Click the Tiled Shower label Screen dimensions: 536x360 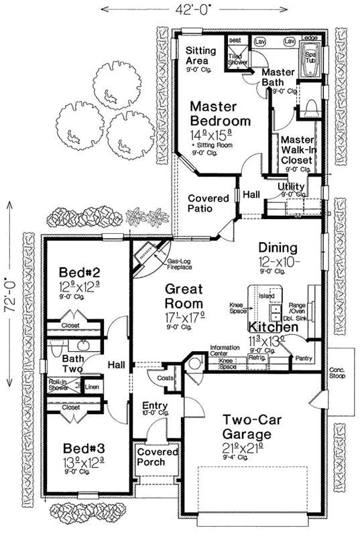(237, 59)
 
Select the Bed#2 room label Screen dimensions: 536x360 (80, 273)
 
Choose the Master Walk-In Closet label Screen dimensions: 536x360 (296, 150)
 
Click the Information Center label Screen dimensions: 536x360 (225, 350)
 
